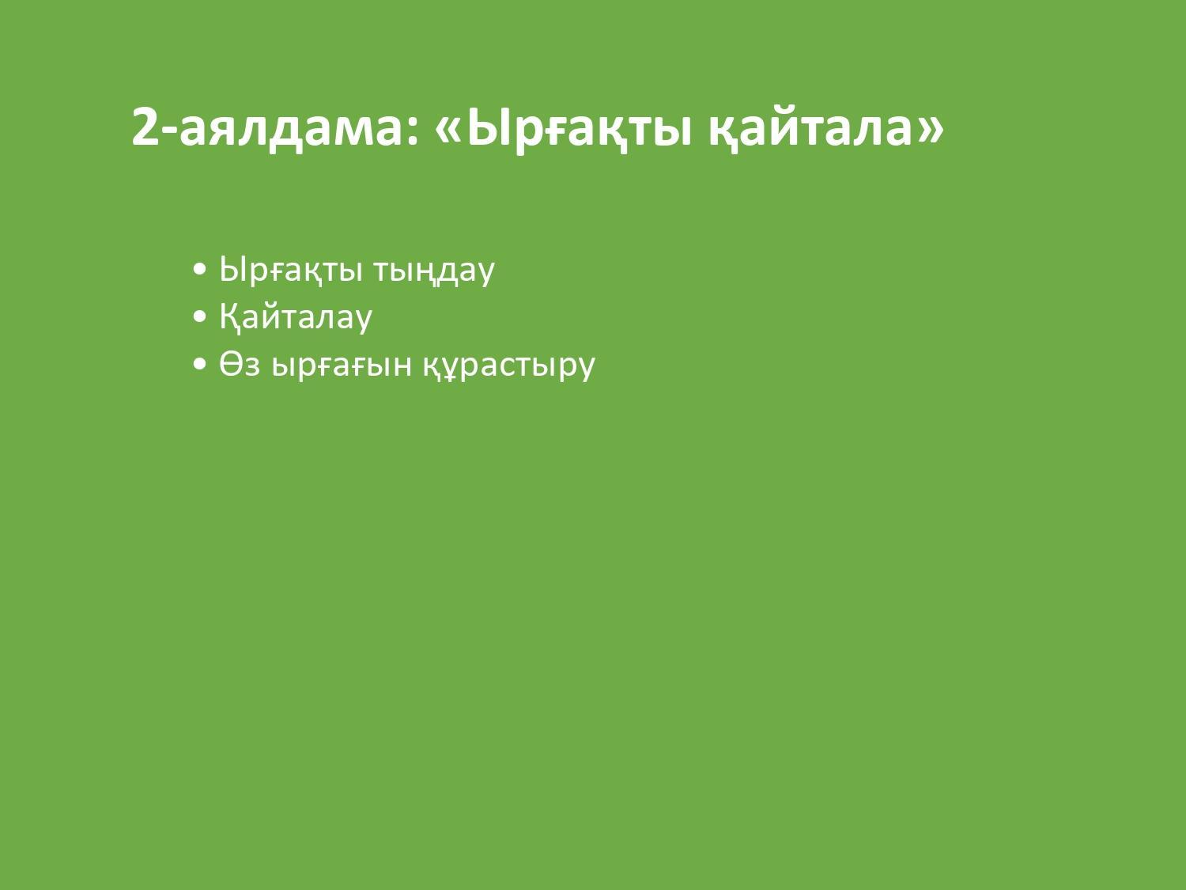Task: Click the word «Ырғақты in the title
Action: (x=562, y=129)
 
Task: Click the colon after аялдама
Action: (x=413, y=132)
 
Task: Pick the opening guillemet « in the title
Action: (x=448, y=132)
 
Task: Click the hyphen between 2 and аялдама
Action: (x=170, y=132)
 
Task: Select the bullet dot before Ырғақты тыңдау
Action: (x=199, y=269)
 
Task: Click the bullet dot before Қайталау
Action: (x=199, y=316)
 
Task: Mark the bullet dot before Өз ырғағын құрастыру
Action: (x=199, y=364)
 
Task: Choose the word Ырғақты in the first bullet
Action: (x=291, y=270)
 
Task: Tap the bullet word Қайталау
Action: (x=296, y=317)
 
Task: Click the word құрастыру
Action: (x=509, y=367)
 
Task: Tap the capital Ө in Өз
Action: (x=231, y=364)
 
